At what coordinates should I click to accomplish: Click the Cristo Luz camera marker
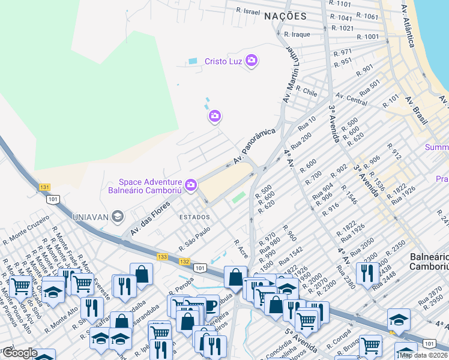point(251,61)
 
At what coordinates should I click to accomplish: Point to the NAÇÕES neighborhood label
point(285,17)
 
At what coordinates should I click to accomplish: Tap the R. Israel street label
point(248,11)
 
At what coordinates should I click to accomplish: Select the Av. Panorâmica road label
point(255,146)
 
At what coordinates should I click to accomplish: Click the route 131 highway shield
point(44,187)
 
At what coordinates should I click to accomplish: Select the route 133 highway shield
point(162,256)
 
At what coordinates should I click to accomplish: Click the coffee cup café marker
point(208,304)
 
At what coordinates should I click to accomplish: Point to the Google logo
point(20,353)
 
